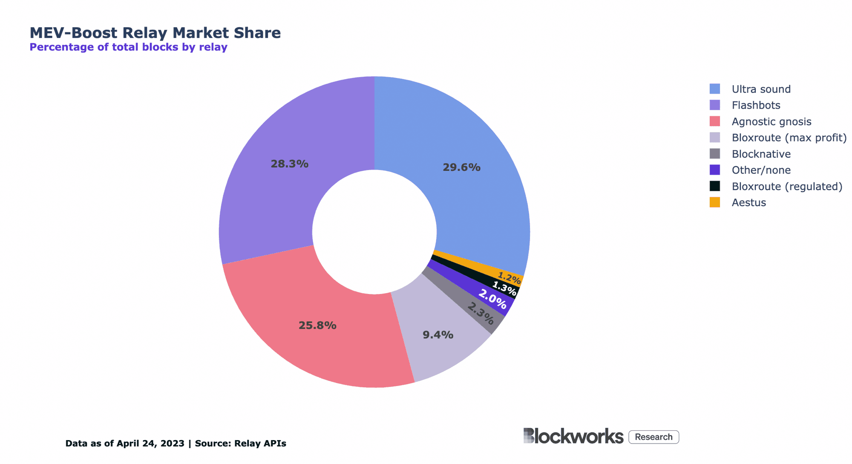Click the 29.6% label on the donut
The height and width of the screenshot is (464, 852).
click(x=461, y=167)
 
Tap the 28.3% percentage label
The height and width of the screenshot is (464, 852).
click(x=289, y=164)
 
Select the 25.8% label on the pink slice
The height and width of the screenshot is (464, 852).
click(x=317, y=326)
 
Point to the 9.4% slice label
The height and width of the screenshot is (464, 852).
click(x=438, y=335)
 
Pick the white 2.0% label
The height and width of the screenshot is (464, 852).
click(x=492, y=299)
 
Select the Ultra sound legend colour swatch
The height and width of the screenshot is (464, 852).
click(x=714, y=89)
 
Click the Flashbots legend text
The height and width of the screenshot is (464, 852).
click(x=756, y=105)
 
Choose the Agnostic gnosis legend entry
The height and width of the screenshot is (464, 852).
click(x=771, y=121)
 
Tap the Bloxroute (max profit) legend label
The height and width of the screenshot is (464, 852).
click(x=789, y=138)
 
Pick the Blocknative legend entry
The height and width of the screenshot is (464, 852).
click(x=761, y=154)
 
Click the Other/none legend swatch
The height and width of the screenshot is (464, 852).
click(x=714, y=170)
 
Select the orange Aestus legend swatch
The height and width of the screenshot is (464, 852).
click(x=714, y=202)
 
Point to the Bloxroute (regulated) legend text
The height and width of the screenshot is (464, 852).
click(x=787, y=186)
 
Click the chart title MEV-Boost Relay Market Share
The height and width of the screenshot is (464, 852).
click(x=155, y=33)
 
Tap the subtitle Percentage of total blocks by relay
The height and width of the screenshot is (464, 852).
click(x=128, y=47)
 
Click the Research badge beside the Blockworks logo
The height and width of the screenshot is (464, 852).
click(x=653, y=437)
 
